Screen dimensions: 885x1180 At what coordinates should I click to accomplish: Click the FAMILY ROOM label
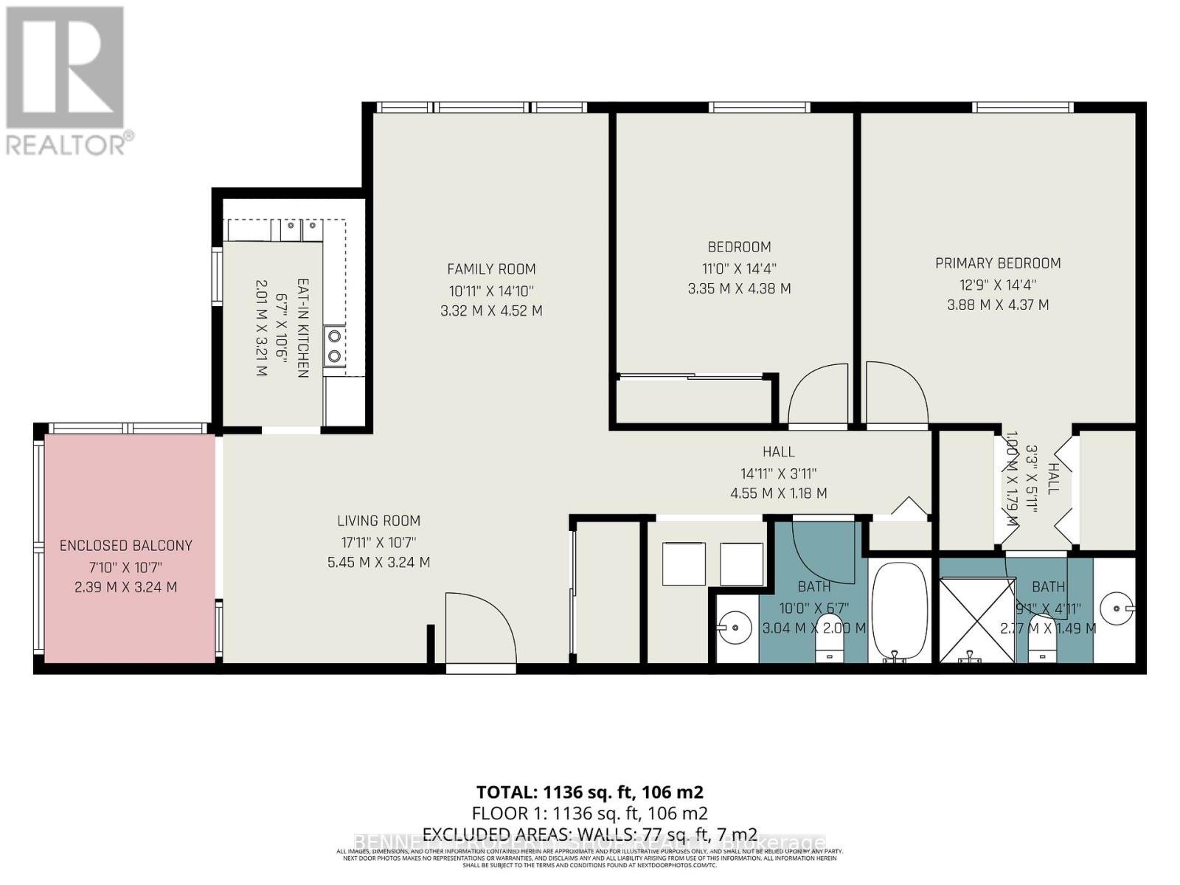[x=491, y=269]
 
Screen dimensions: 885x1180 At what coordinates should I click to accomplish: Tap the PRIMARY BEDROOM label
[x=997, y=263]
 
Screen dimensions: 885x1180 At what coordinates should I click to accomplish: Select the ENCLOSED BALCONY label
[x=126, y=546]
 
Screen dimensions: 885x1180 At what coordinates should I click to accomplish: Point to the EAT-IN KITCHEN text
[x=302, y=328]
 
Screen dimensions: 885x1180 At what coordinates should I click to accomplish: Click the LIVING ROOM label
[x=378, y=521]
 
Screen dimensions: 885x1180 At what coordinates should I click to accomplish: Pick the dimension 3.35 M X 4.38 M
[x=739, y=289]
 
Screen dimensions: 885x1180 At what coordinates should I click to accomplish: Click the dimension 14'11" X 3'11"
[x=778, y=473]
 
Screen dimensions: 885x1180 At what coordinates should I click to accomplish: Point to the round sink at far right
[x=1115, y=609]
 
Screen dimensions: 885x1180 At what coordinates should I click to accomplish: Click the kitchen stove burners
[x=335, y=346]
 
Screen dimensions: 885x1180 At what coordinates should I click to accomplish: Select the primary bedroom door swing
[x=895, y=395]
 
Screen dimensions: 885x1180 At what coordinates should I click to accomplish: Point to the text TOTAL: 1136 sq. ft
[x=589, y=793]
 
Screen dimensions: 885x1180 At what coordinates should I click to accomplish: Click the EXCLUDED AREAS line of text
[x=589, y=834]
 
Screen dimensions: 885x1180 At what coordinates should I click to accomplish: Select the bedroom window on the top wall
[x=760, y=108]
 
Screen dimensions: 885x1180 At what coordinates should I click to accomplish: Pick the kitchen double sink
[x=302, y=230]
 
